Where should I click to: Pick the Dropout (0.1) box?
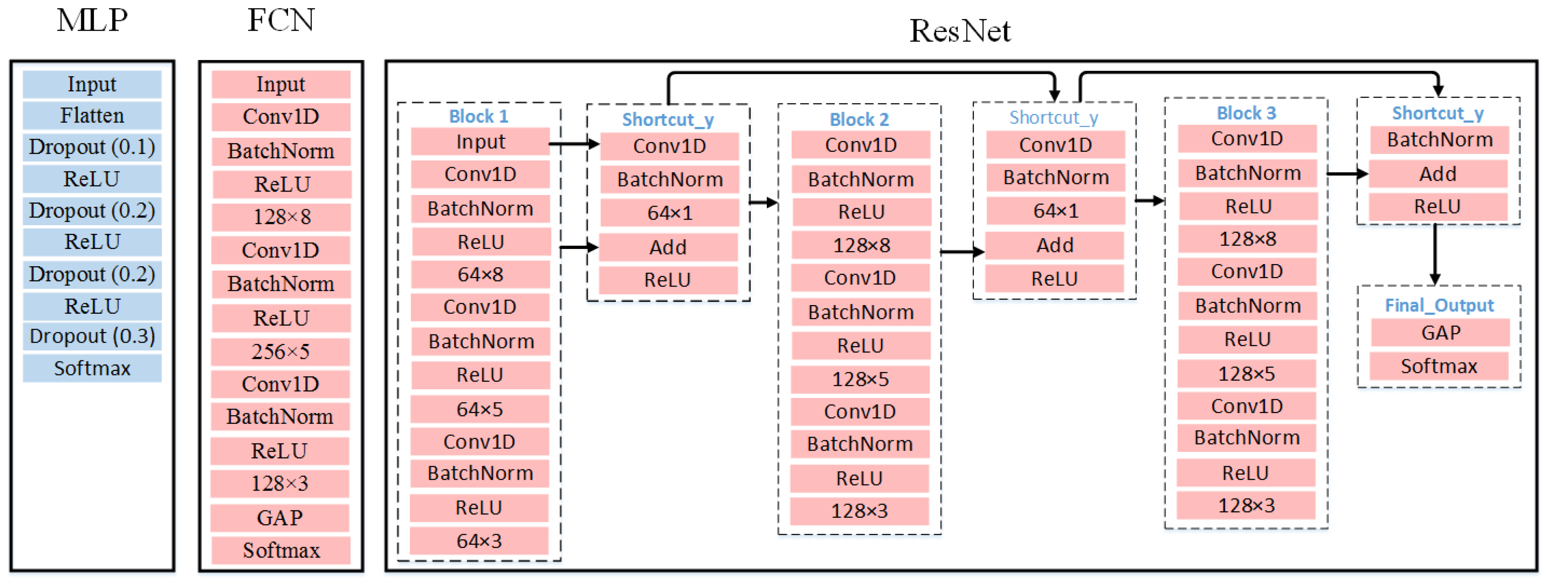(x=92, y=147)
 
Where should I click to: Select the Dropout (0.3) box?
(x=92, y=336)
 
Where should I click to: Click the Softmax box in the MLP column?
(x=92, y=368)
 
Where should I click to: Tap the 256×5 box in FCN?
(x=280, y=351)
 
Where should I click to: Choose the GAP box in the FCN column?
(x=279, y=517)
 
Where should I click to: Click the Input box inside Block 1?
(x=480, y=142)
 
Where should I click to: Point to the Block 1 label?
(x=479, y=116)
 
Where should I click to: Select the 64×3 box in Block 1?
(x=479, y=541)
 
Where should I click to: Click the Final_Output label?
(x=1439, y=306)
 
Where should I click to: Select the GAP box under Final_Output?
(x=1440, y=333)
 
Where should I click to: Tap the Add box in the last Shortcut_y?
(x=1438, y=174)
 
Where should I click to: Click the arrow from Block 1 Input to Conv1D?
(x=574, y=144)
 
